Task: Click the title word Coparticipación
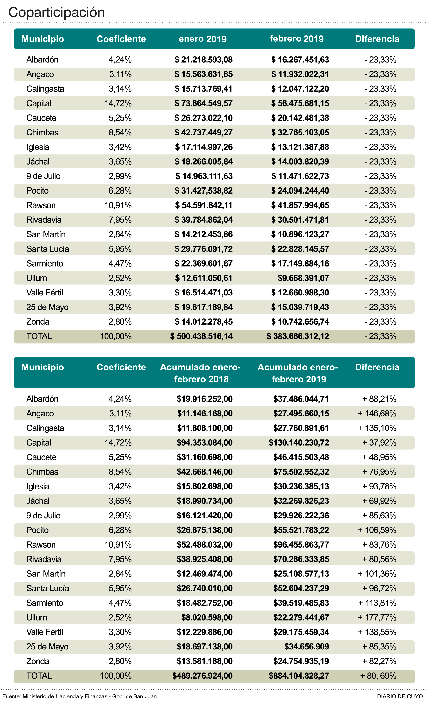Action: pos(56,13)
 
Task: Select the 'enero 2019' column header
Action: pos(202,39)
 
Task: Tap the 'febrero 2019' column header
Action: pos(297,39)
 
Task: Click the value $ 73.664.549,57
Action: pos(203,103)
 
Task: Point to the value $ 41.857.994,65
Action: pos(300,205)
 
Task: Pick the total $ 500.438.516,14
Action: pos(201,336)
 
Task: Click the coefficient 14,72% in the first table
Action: pos(118,103)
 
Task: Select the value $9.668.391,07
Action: pos(303,278)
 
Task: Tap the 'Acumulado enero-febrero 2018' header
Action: pos(200,373)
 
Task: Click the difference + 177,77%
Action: pos(377,617)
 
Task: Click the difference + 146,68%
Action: pos(377,413)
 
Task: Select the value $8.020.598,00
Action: pos(207,617)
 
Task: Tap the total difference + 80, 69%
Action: pos(378,676)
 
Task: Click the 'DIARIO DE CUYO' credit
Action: pos(400,696)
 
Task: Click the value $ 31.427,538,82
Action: pos(203,191)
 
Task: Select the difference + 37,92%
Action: pos(379,442)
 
